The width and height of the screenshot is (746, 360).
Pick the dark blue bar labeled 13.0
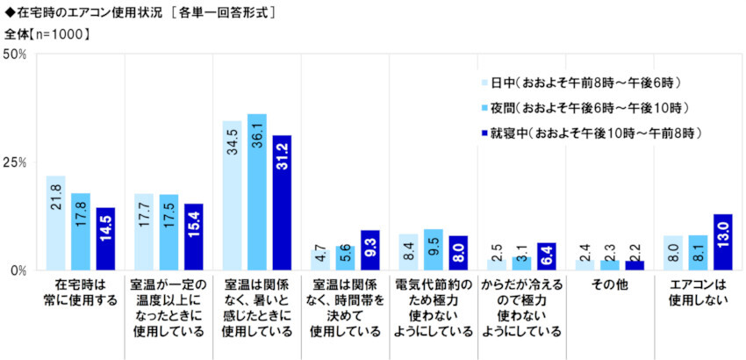click(722, 241)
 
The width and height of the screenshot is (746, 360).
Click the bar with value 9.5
click(433, 249)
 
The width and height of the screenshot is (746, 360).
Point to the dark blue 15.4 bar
click(193, 236)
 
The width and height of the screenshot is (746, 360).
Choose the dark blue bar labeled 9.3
click(369, 249)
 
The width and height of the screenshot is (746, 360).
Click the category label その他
click(610, 285)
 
